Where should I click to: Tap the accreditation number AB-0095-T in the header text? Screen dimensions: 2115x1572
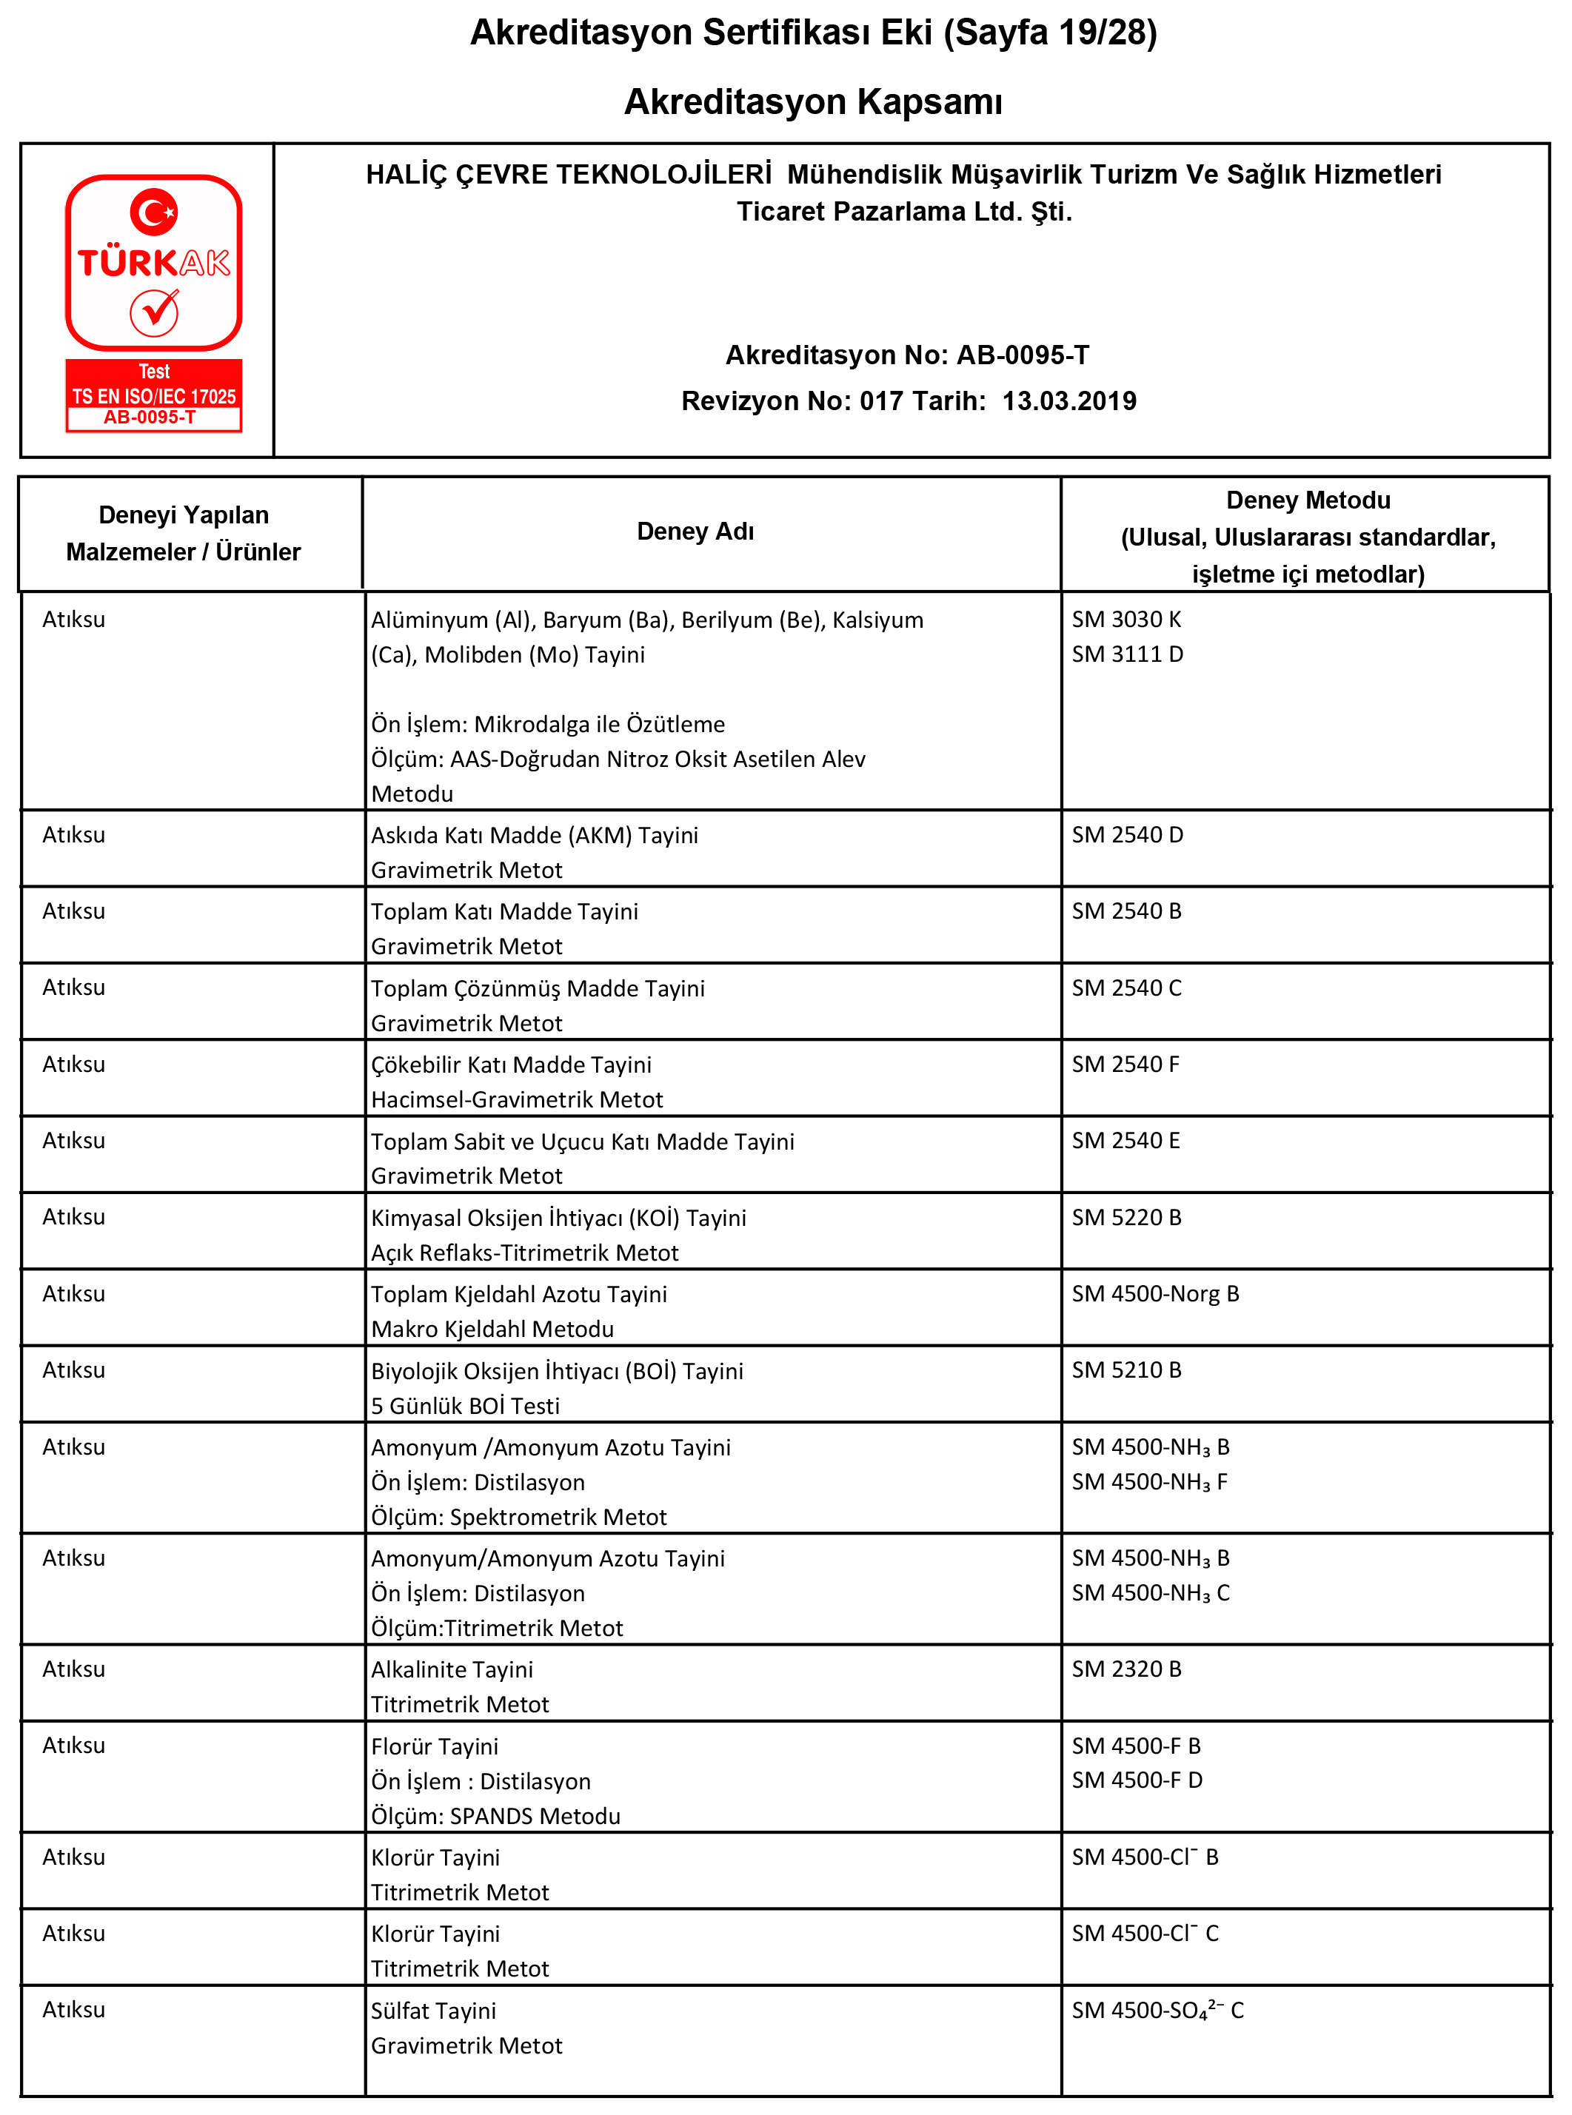(1022, 355)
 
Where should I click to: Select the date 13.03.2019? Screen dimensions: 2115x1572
(1068, 400)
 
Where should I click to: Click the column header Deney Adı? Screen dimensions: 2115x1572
(695, 531)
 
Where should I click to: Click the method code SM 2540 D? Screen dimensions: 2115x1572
(1127, 834)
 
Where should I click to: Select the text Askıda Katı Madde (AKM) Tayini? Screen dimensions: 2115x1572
(534, 834)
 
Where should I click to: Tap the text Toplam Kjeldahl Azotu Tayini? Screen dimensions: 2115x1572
(518, 1294)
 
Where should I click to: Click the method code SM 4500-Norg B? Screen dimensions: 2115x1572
(1154, 1294)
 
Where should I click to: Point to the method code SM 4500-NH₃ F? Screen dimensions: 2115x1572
(1148, 1481)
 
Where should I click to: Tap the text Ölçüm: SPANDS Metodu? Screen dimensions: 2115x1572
(495, 1815)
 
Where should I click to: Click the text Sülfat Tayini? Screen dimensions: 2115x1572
(433, 2011)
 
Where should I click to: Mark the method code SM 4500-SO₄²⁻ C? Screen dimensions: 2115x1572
(1157, 2011)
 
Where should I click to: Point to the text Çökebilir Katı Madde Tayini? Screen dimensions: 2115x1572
(511, 1065)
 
